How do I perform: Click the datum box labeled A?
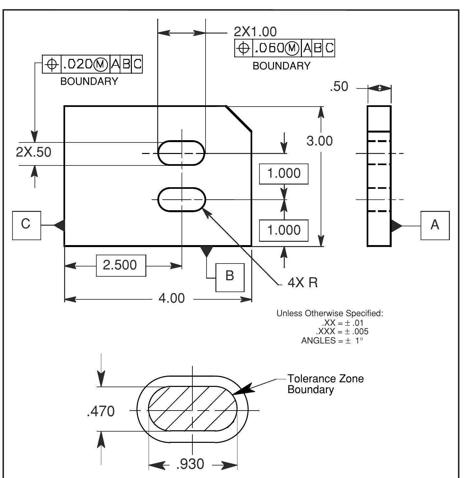tap(435, 225)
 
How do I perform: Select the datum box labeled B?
tap(230, 277)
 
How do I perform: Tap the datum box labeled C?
tap(26, 225)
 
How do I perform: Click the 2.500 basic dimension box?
tap(121, 265)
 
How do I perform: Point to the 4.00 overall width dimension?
tap(172, 298)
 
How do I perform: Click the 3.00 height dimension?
tap(319, 141)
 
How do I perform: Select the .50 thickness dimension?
tap(339, 87)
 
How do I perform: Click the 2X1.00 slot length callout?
tap(255, 32)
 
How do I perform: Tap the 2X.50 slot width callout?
tap(34, 152)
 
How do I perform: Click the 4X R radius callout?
tap(303, 282)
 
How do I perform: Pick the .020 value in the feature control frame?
tap(78, 64)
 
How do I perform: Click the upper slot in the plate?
tap(182, 153)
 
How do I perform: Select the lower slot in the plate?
tap(182, 199)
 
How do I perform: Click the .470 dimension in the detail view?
tap(101, 411)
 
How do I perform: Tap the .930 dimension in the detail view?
tap(190, 464)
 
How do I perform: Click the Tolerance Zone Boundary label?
tap(325, 384)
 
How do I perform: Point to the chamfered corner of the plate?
tap(239, 119)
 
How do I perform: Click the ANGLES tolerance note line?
tap(332, 340)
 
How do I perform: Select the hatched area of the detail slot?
tap(192, 408)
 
